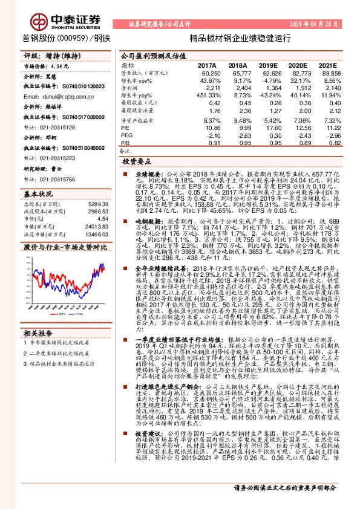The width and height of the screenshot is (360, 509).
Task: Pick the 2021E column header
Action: tap(326, 65)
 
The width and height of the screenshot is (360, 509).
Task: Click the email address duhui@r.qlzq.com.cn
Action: tap(61, 96)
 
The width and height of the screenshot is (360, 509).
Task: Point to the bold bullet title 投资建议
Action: tap(146, 451)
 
